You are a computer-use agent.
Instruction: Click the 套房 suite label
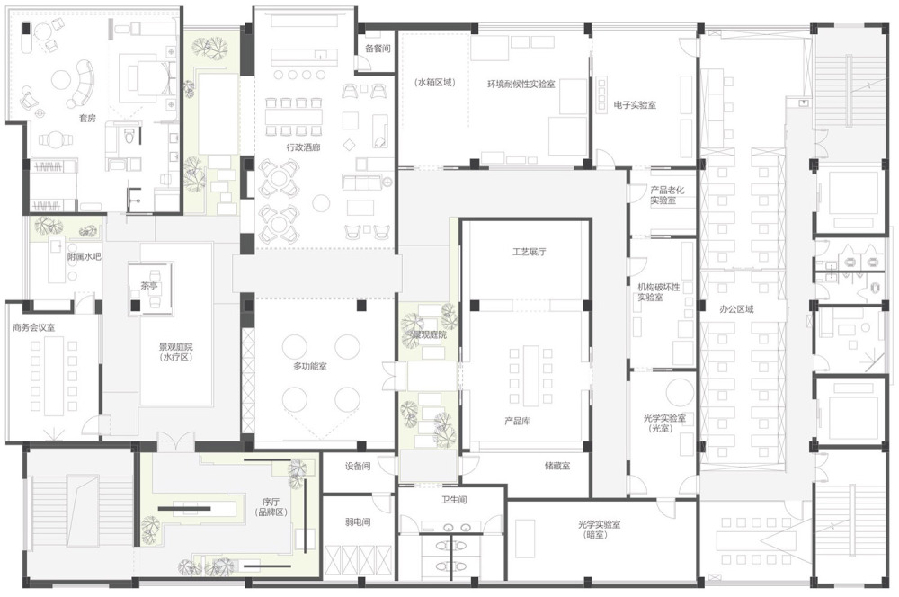87,118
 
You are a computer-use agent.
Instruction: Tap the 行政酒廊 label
303,147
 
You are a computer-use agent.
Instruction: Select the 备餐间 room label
378,49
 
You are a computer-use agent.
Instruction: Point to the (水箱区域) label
435,82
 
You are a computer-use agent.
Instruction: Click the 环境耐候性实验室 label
521,84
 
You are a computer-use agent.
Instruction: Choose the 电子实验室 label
635,105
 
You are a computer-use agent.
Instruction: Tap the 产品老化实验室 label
667,195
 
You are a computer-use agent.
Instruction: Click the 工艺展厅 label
530,251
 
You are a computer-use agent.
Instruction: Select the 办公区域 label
737,309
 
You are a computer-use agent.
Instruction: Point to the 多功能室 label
310,366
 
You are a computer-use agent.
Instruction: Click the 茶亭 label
149,286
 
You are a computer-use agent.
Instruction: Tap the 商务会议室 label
34,327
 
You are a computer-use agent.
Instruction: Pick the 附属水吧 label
85,256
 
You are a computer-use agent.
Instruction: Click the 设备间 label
358,467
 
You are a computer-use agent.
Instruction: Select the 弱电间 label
358,521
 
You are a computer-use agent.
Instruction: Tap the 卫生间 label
454,500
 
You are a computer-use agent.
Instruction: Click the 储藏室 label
557,466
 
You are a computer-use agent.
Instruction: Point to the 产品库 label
517,421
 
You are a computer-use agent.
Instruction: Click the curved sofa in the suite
82,84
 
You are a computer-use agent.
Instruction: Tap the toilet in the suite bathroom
130,137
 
